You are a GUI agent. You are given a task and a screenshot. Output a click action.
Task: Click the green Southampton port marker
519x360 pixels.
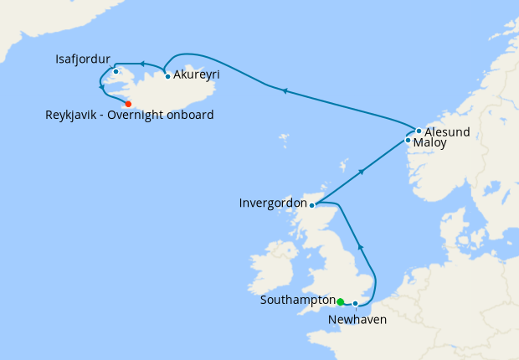click(341, 301)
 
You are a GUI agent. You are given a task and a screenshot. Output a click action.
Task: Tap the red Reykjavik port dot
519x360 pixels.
click(128, 104)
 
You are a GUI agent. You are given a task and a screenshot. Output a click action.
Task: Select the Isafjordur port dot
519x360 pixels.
click(116, 71)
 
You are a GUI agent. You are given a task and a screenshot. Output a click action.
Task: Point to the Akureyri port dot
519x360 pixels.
click(168, 76)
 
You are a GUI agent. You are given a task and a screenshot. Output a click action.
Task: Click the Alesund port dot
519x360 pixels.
click(419, 131)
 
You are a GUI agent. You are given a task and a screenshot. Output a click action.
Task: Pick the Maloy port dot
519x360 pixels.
click(408, 141)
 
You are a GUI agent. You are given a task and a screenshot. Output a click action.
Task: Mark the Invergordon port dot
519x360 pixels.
click(311, 205)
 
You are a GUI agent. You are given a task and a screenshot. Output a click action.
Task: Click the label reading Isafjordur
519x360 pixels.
click(81, 59)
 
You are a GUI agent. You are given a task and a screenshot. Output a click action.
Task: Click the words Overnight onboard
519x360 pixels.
click(171, 115)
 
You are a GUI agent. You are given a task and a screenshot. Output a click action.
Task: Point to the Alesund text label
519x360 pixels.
click(447, 132)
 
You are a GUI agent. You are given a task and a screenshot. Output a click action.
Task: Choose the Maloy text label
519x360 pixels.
click(429, 143)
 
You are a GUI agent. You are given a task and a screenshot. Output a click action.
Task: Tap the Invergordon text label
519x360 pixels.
click(272, 203)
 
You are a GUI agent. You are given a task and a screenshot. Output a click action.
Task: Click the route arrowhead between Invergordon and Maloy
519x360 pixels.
click(362, 171)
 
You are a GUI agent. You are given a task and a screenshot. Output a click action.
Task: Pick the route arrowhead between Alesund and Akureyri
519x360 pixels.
click(285, 91)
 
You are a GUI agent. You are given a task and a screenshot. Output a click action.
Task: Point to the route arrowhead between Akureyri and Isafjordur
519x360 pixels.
click(142, 64)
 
